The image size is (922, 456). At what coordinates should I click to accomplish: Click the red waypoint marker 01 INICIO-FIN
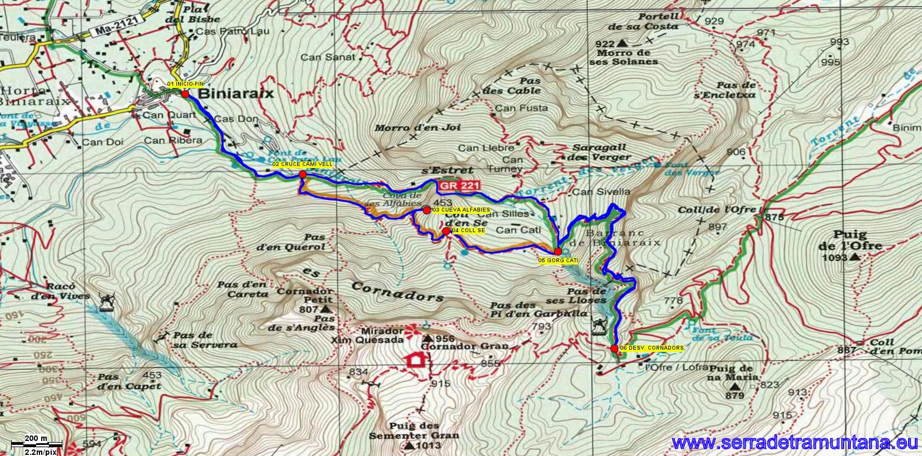[185, 94]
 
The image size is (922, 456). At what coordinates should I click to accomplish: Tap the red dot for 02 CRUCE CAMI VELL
[303, 174]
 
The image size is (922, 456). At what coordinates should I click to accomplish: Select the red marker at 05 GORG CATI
[558, 251]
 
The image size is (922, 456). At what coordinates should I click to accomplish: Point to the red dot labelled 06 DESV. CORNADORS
[614, 349]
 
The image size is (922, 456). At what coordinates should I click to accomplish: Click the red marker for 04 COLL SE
[446, 231]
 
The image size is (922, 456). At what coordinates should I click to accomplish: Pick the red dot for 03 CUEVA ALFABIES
[426, 210]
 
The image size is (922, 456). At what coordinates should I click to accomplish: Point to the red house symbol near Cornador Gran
[415, 360]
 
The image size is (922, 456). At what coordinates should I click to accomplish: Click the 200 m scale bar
[37, 444]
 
